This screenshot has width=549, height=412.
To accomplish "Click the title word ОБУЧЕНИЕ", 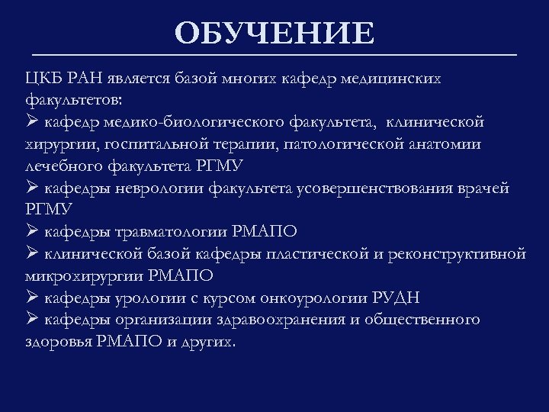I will point(274,34).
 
